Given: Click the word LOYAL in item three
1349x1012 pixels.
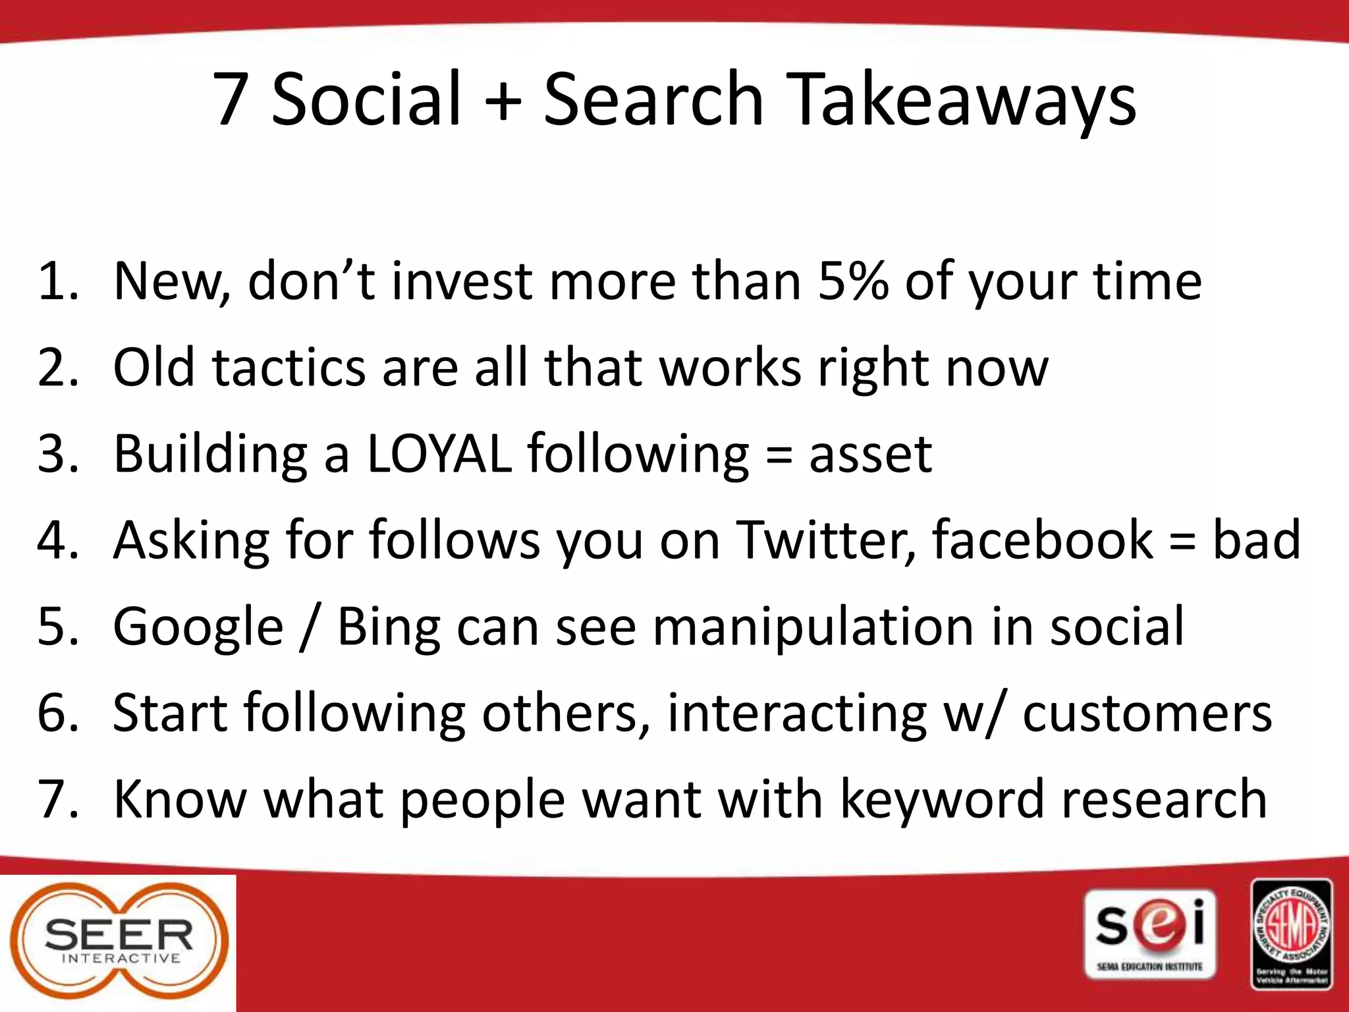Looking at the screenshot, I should (439, 454).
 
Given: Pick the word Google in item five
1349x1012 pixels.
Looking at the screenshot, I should (198, 627).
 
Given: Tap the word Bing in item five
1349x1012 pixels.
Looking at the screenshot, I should (389, 627).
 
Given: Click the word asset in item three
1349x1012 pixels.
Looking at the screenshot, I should (870, 454).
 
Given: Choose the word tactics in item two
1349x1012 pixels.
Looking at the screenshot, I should (289, 367).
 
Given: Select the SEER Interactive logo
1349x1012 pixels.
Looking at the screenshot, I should (119, 943).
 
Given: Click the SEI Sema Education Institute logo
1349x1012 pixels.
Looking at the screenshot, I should (1150, 934).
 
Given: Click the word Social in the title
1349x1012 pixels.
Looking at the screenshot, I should (366, 100).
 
